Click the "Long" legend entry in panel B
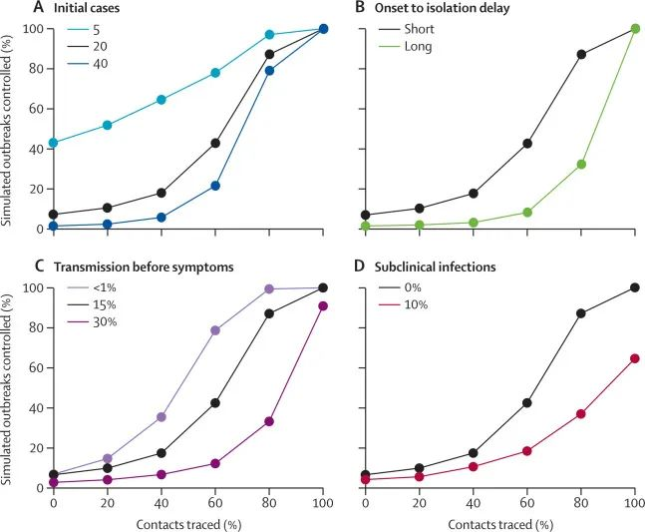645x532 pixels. coord(427,47)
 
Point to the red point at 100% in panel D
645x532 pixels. coord(634,358)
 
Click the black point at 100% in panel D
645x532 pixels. coord(634,287)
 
